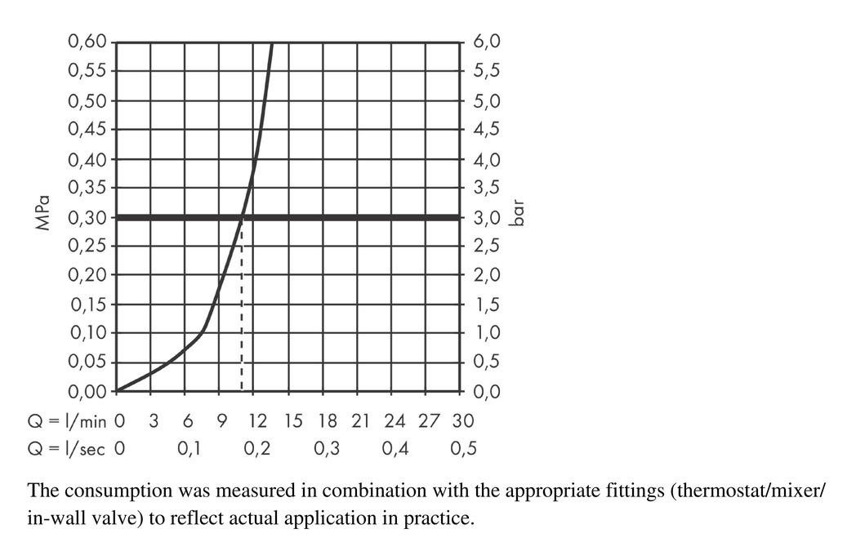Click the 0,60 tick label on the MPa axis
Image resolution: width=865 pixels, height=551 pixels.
click(x=87, y=42)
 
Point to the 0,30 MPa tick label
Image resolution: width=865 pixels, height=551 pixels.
click(x=87, y=217)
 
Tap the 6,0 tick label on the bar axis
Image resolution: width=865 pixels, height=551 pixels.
click(x=486, y=42)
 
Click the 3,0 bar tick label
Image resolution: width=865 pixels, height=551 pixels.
click(x=486, y=217)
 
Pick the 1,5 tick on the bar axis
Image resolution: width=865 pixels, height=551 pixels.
click(x=486, y=304)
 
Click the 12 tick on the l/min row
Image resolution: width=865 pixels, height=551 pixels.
click(x=256, y=421)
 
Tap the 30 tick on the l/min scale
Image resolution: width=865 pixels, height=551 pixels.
click(x=462, y=421)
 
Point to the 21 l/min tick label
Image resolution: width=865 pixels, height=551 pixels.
click(x=359, y=421)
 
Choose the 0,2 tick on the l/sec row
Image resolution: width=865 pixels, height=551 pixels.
click(x=258, y=448)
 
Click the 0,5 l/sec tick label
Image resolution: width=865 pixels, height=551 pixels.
click(x=463, y=448)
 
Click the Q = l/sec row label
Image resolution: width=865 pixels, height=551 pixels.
click(x=65, y=448)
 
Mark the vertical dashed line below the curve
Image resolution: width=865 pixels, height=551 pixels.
click(x=241, y=327)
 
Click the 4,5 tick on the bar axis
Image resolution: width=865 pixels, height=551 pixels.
click(x=486, y=129)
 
